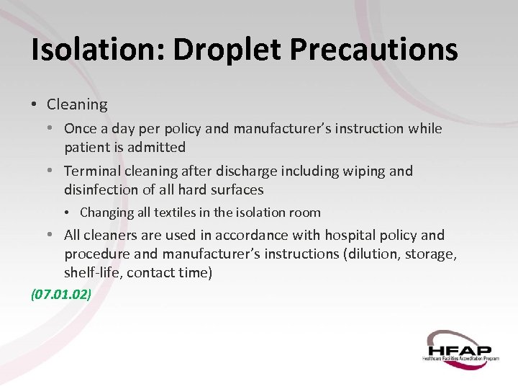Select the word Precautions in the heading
pyautogui.click(x=374, y=50)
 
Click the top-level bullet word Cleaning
pyautogui.click(x=76, y=104)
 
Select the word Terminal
pyautogui.click(x=92, y=171)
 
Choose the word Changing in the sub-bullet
pyautogui.click(x=107, y=213)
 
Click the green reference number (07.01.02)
pyautogui.click(x=60, y=294)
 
